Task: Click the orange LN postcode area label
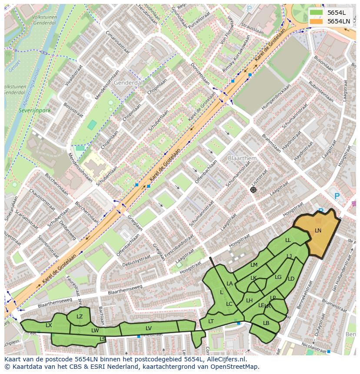tap(318, 231)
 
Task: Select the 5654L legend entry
tap(336, 13)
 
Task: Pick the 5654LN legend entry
tap(338, 21)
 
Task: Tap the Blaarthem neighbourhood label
tap(242, 159)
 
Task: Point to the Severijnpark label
tap(34, 110)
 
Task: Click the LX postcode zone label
tap(49, 325)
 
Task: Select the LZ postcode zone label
tap(80, 317)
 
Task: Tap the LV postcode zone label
tap(149, 328)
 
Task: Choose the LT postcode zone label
tap(211, 321)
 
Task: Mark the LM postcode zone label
tap(254, 265)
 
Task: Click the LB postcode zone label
tap(266, 323)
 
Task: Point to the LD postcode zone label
tap(291, 279)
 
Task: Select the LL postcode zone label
tap(288, 240)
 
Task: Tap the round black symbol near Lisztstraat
tap(253, 190)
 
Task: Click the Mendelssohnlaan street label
tap(103, 85)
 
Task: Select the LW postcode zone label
tap(95, 331)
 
